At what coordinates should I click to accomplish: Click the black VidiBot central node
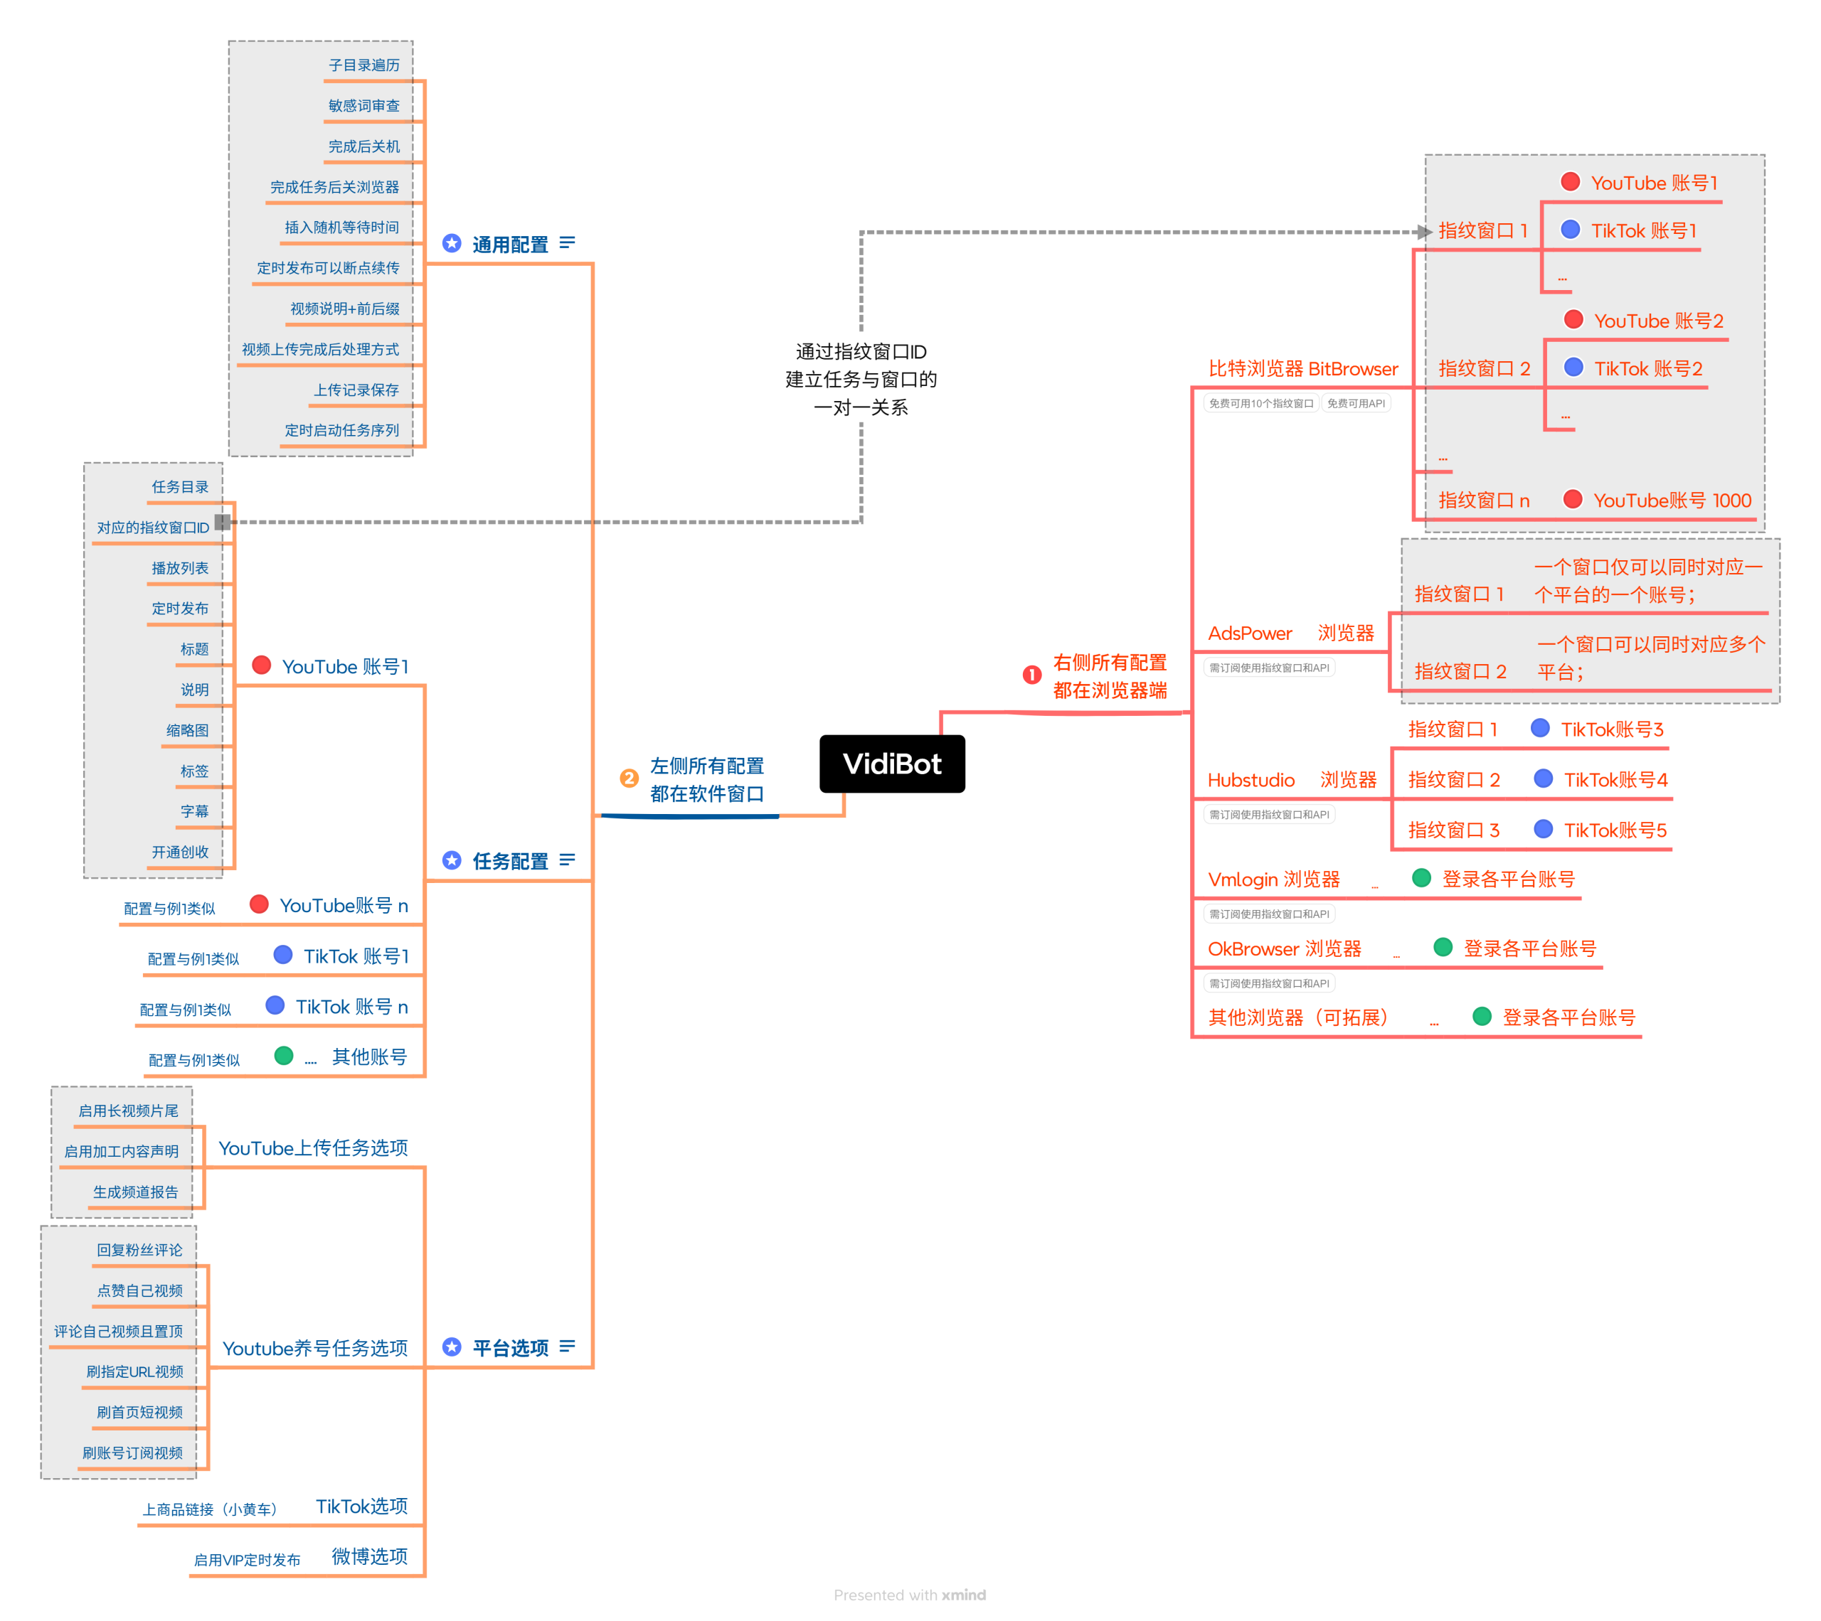point(892,764)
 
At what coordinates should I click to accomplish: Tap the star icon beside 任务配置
point(452,860)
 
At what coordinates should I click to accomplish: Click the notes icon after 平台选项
point(568,1346)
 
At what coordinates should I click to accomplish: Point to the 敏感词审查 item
point(363,106)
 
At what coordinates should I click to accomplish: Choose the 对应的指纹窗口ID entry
point(152,528)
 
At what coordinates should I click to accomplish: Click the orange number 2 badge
point(629,779)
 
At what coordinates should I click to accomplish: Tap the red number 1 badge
point(1031,675)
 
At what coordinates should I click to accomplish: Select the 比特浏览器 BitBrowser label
point(1302,369)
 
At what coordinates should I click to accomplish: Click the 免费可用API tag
point(1355,403)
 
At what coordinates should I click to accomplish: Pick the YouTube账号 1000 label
point(1672,501)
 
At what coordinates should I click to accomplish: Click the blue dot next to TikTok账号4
point(1543,779)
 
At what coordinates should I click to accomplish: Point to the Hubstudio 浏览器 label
point(1291,780)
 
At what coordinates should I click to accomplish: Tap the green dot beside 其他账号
point(285,1056)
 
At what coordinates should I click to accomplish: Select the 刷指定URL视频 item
point(134,1371)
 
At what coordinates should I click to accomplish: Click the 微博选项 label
point(369,1556)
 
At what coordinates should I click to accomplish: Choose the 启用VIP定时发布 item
point(247,1560)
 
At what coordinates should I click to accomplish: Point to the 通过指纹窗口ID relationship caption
point(861,380)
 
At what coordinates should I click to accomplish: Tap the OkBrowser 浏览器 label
point(1284,948)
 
